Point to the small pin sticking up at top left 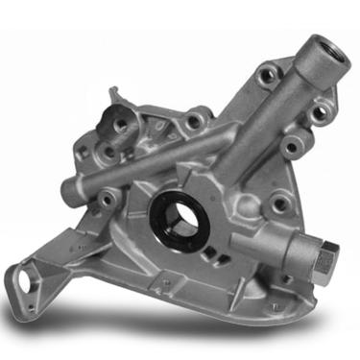(x=116, y=92)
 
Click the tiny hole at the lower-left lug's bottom (x=42, y=298)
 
